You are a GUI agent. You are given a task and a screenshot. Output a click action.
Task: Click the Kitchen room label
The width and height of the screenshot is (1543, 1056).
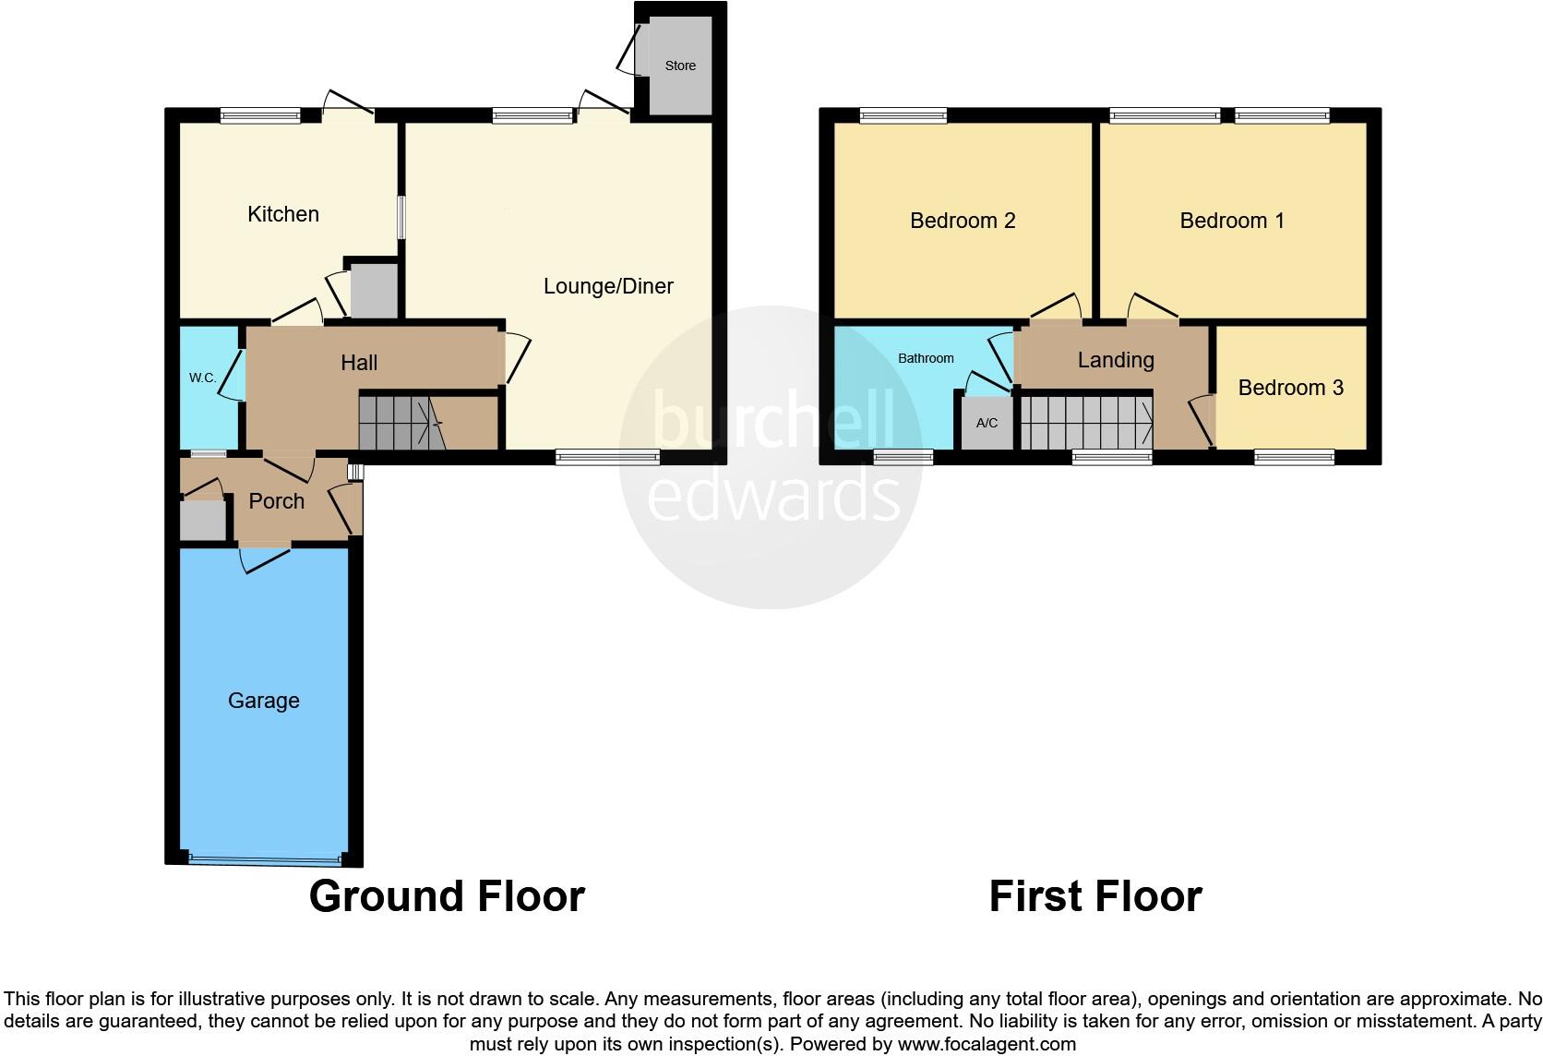[x=283, y=214]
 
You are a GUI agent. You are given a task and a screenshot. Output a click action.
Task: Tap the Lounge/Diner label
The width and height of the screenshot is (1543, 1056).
[x=608, y=286]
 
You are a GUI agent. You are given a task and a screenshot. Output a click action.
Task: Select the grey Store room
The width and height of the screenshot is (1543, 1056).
[x=681, y=66]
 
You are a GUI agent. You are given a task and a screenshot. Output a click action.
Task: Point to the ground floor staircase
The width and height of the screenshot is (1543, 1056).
[x=402, y=423]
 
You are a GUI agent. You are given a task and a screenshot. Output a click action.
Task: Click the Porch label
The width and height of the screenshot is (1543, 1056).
[x=277, y=501]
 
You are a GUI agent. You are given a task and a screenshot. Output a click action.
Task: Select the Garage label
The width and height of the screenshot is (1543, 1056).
[x=264, y=702]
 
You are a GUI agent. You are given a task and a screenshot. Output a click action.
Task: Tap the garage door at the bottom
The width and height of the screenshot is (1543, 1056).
[x=264, y=858]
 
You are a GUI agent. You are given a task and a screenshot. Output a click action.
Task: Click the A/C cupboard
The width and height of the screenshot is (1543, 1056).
[x=987, y=423]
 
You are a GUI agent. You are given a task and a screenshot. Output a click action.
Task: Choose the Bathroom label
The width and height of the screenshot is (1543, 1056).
[x=926, y=358]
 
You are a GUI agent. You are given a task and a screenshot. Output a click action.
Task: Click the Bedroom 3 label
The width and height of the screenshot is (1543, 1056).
[x=1290, y=388]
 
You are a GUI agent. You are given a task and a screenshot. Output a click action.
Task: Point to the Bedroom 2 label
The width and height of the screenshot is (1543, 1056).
[x=963, y=221]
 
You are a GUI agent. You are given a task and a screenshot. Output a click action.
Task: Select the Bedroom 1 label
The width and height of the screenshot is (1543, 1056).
[x=1232, y=221]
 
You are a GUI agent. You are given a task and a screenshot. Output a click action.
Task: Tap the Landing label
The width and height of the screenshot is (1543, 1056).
[x=1116, y=360]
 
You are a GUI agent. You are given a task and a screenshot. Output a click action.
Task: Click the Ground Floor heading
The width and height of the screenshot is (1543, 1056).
[x=447, y=896]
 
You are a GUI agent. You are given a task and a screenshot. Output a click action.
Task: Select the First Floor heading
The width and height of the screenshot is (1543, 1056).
[x=1095, y=896]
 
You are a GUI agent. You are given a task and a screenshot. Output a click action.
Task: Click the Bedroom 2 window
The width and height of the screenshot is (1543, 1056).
[x=903, y=115]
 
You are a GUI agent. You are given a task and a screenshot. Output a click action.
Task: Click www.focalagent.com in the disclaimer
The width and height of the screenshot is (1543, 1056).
[x=987, y=1045]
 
